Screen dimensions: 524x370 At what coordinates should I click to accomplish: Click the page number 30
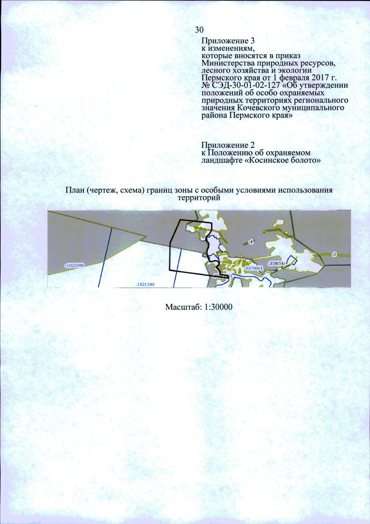199,30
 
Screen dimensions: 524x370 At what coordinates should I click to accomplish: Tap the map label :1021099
75,265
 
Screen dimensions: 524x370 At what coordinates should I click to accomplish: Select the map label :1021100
145,284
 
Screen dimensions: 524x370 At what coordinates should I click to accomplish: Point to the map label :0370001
254,268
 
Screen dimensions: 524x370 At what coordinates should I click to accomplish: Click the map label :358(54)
277,263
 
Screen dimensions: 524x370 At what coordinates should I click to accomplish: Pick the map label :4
251,242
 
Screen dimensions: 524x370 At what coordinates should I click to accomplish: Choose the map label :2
334,254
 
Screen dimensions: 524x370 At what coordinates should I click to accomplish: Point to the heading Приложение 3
228,41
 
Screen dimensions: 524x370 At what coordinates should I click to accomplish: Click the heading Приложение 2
228,145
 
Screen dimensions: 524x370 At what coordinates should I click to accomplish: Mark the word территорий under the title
199,198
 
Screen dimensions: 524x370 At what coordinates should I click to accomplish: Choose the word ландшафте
222,160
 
